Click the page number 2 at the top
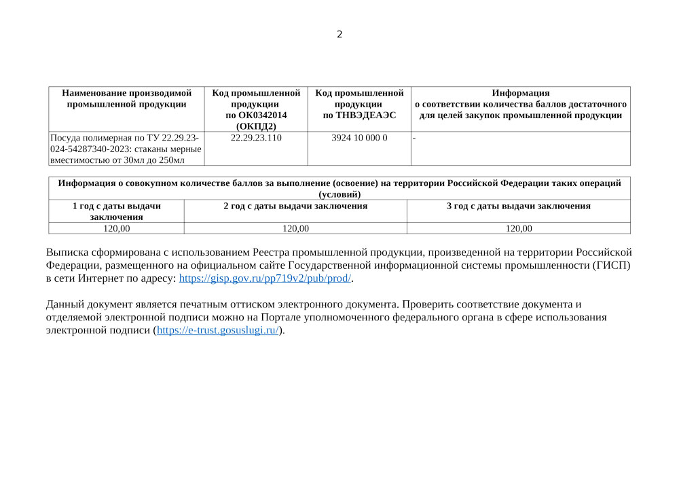(x=339, y=35)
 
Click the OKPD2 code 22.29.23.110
(x=256, y=138)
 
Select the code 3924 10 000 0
(x=359, y=138)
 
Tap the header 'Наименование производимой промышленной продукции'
(x=126, y=98)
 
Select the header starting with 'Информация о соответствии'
(x=520, y=104)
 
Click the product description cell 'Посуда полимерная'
(x=126, y=149)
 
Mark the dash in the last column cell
(x=414, y=138)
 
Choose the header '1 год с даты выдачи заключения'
(x=116, y=211)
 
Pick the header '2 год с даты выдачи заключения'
(x=295, y=206)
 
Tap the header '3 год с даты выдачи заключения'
(x=518, y=206)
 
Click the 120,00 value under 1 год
(x=116, y=229)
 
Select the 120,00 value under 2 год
(x=295, y=229)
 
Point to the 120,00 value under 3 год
(x=518, y=229)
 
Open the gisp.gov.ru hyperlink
(x=265, y=278)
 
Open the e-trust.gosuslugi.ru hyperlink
(x=218, y=331)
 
